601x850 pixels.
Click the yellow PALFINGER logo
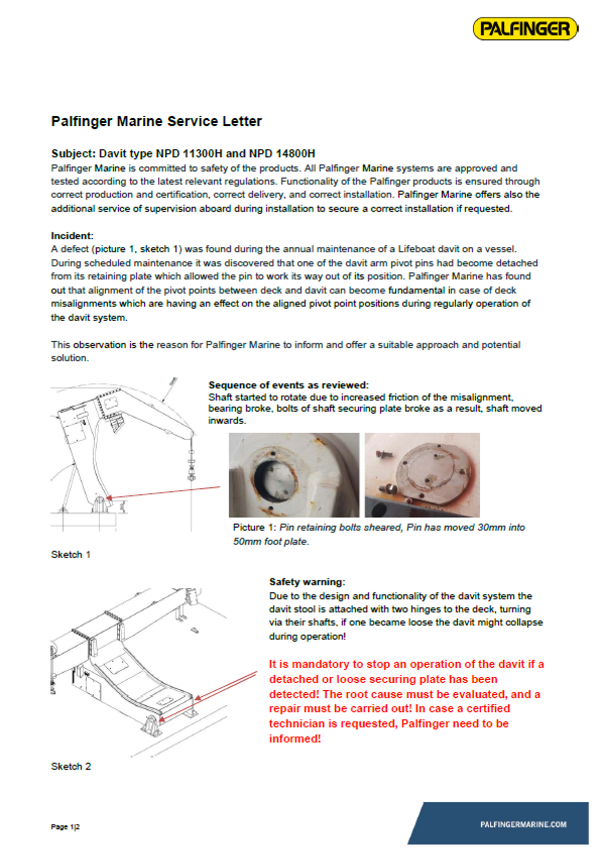pyautogui.click(x=525, y=29)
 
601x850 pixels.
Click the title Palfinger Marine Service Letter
pyautogui.click(x=156, y=121)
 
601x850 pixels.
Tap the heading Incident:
pyautogui.click(x=72, y=235)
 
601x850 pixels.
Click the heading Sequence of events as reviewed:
pyautogui.click(x=288, y=385)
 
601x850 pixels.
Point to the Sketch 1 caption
pyautogui.click(x=71, y=554)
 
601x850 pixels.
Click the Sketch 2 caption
pyautogui.click(x=71, y=766)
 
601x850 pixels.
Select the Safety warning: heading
pyautogui.click(x=307, y=582)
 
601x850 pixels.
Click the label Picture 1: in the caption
pyautogui.click(x=255, y=527)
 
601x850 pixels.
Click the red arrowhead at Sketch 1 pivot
pyautogui.click(x=110, y=498)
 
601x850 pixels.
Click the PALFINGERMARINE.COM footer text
pyautogui.click(x=523, y=824)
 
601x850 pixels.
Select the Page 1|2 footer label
pyautogui.click(x=65, y=827)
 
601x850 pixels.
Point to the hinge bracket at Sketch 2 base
pyautogui.click(x=152, y=726)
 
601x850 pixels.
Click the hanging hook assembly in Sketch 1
pyautogui.click(x=191, y=466)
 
